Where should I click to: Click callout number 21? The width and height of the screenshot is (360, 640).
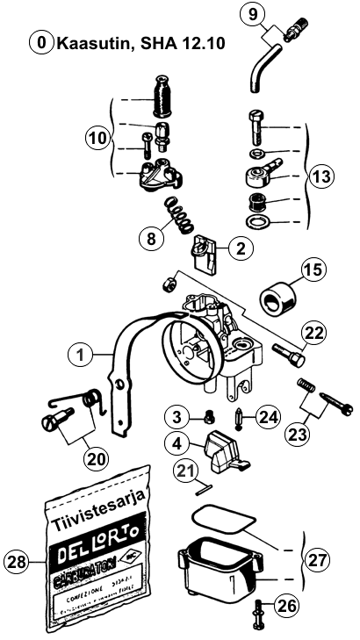pyautogui.click(x=182, y=472)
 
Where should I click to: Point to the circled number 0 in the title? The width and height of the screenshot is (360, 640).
pyautogui.click(x=40, y=42)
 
